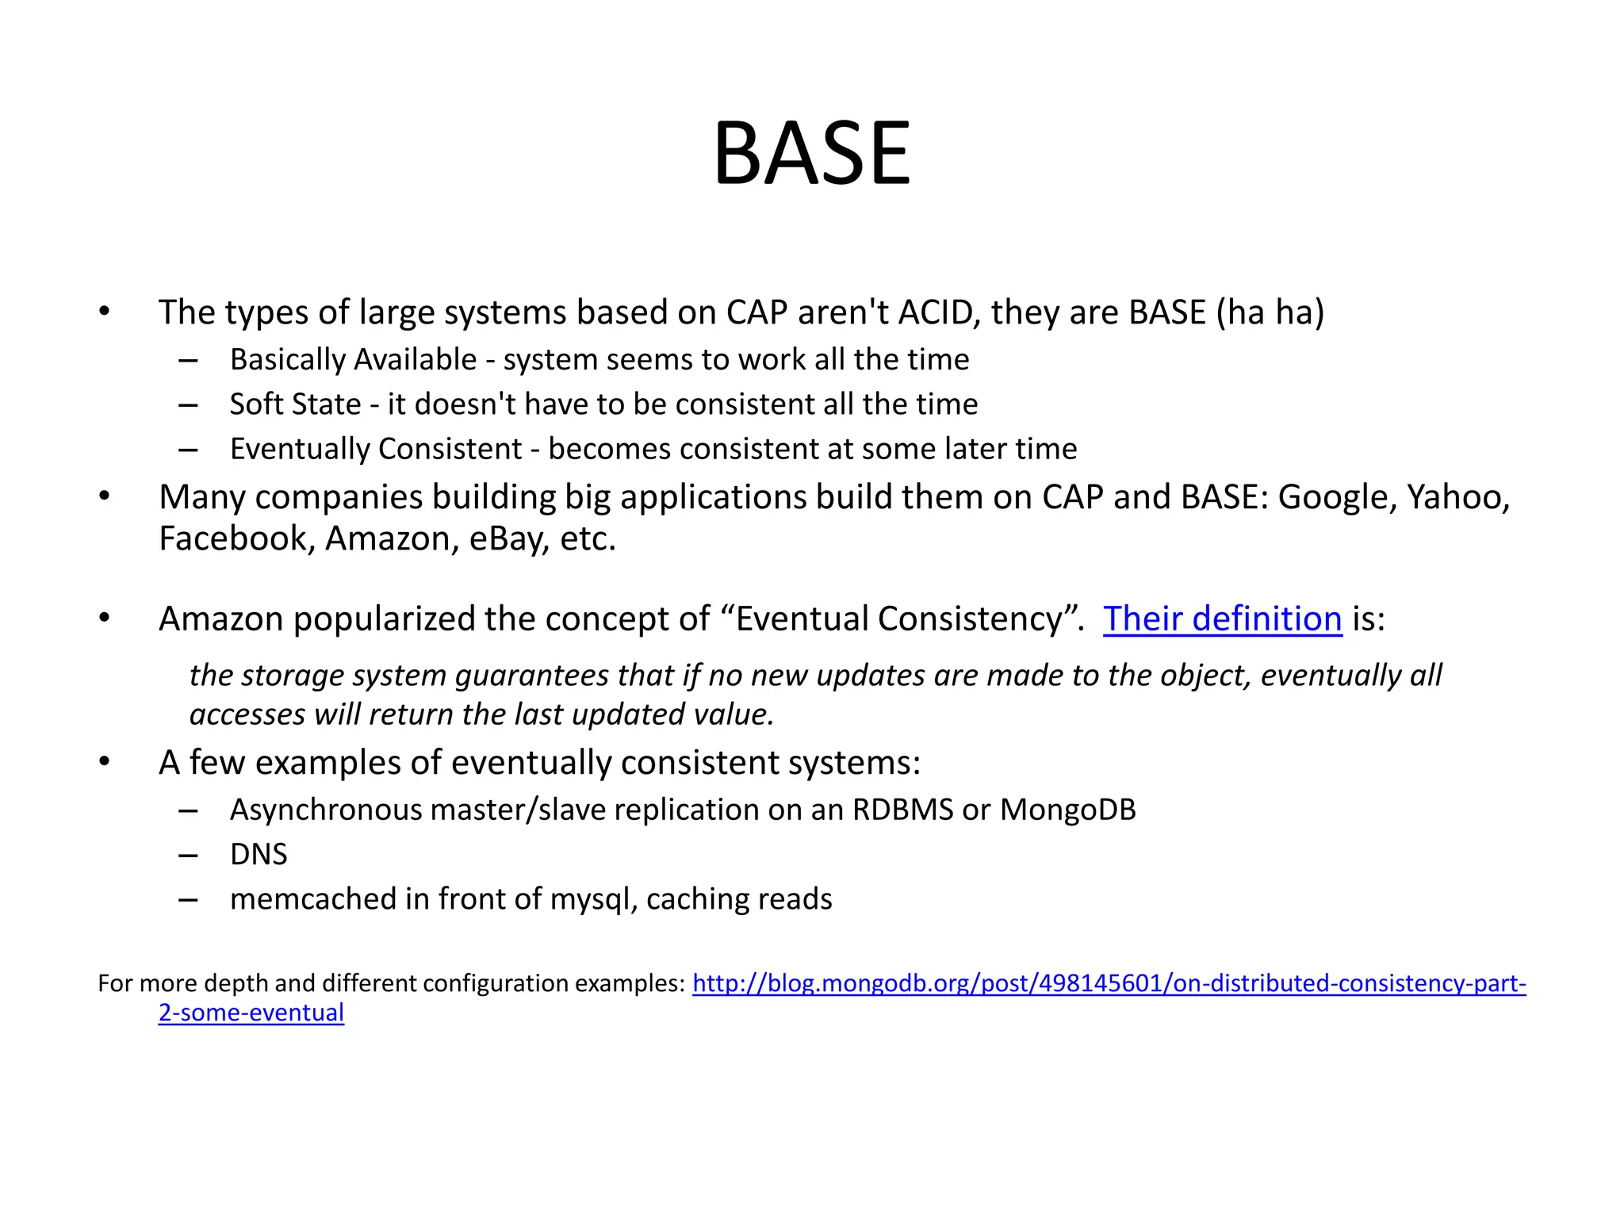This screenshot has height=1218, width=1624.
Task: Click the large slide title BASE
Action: click(x=811, y=153)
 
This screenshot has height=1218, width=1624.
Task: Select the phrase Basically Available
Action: click(x=353, y=360)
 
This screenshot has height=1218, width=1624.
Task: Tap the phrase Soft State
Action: click(x=295, y=404)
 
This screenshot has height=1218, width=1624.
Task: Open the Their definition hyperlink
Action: click(x=1222, y=619)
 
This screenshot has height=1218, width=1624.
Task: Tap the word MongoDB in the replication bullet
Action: click(x=1067, y=810)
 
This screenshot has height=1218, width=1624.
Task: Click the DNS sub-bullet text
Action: click(x=259, y=855)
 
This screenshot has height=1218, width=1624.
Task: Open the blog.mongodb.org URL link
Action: click(x=1109, y=984)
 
